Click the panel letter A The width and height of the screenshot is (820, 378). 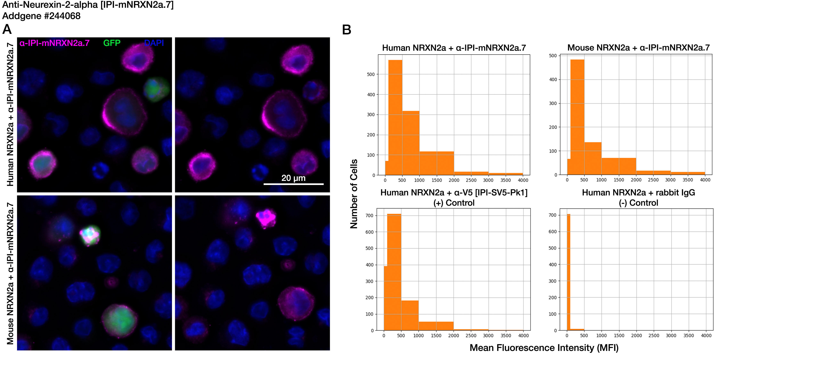[7, 30]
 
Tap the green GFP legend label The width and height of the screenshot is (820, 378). [112, 43]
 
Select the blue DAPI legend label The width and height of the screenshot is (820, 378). [154, 43]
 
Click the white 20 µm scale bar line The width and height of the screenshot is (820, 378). [294, 184]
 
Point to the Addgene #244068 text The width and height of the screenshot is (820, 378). [41, 16]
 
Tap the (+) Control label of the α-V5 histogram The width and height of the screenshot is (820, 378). [454, 203]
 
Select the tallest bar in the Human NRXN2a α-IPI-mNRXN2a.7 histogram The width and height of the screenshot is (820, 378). [395, 118]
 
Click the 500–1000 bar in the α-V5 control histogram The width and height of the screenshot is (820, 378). [410, 315]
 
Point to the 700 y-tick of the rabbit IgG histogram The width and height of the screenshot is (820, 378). [553, 215]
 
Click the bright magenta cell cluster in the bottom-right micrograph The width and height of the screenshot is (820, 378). [265, 218]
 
